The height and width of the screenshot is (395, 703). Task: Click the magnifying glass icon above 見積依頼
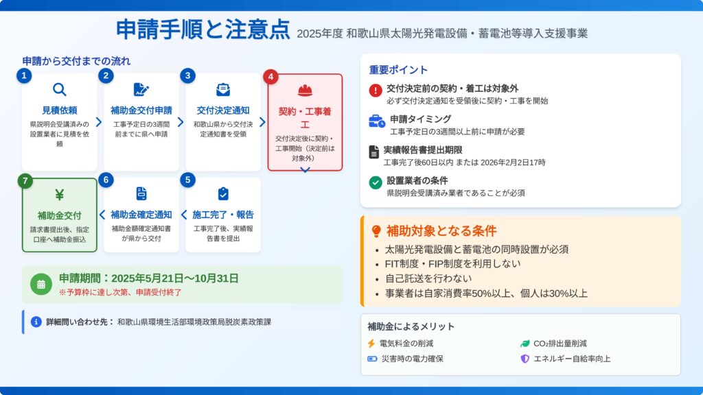[x=60, y=90]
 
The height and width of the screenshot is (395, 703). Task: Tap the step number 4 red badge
[x=270, y=77]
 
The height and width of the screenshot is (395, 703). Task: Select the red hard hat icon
[x=305, y=91]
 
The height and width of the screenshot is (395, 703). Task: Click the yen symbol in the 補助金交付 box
[x=60, y=195]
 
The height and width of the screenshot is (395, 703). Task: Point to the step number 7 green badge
[x=25, y=181]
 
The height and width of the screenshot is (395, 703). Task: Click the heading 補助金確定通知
[x=141, y=215]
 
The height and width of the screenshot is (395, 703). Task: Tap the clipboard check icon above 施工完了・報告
[x=223, y=193]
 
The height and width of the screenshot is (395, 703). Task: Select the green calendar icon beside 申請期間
[x=41, y=285]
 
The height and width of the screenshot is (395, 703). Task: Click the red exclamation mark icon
[x=376, y=91]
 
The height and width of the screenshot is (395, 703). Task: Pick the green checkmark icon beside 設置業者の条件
[x=376, y=182]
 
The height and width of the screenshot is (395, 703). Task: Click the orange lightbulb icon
[x=376, y=231]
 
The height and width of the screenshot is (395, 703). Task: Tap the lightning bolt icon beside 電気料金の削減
[x=371, y=344]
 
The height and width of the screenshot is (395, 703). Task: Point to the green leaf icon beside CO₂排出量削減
[x=525, y=344]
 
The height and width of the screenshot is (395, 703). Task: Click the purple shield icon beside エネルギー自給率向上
[x=525, y=359]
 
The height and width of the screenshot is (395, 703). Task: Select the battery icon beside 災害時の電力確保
[x=372, y=359]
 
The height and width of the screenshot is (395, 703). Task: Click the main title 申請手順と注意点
[x=203, y=29]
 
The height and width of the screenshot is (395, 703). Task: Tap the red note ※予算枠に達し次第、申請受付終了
[x=120, y=292]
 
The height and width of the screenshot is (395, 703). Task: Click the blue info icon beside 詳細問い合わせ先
[x=36, y=322]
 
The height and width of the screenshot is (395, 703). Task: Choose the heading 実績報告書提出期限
[x=423, y=150]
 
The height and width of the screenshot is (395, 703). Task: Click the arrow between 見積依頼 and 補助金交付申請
[x=99, y=122]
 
